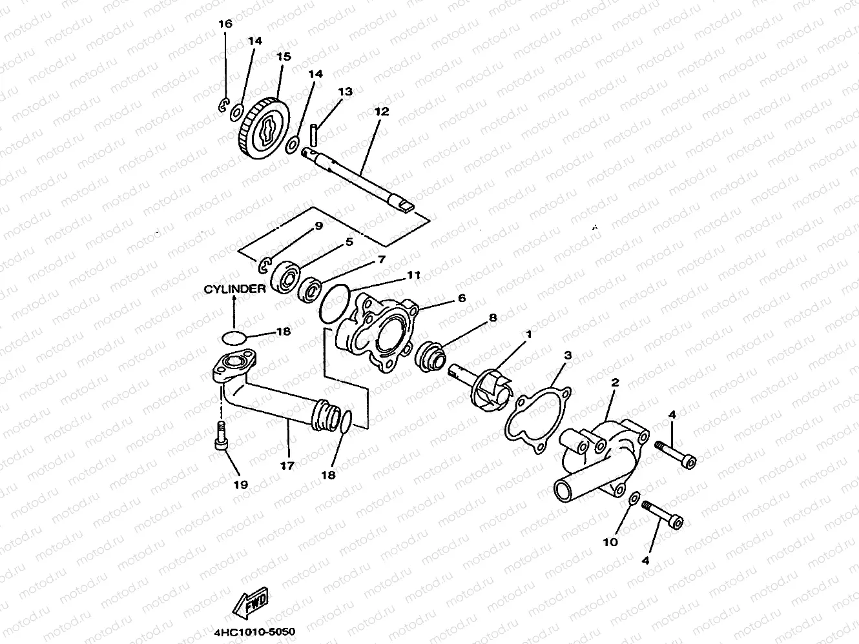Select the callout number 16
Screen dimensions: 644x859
point(225,24)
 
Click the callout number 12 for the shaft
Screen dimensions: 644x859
point(381,111)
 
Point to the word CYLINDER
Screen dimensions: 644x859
point(234,288)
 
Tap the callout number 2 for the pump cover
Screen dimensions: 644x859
point(615,383)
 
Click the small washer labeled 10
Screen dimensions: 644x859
point(635,498)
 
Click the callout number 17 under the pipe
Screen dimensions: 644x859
point(287,465)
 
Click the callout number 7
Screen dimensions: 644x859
point(381,259)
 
